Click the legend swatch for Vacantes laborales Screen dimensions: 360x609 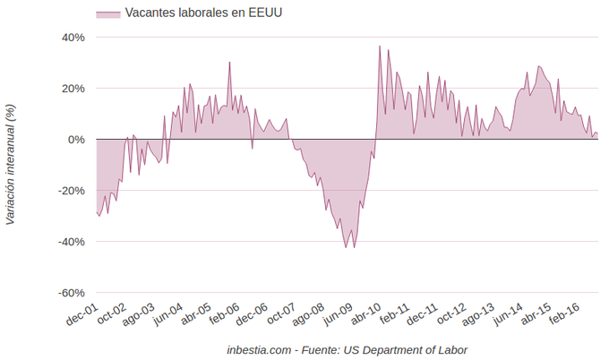click(x=107, y=13)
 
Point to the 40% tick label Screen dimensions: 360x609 click(x=73, y=38)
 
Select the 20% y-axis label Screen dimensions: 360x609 click(x=73, y=89)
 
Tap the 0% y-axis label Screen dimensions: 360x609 click(x=77, y=140)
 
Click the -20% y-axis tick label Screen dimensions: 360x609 click(x=72, y=191)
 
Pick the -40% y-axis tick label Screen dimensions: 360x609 click(x=72, y=242)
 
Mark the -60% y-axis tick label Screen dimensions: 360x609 click(x=72, y=293)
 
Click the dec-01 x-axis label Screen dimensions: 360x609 click(x=81, y=316)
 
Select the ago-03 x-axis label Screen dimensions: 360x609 click(x=138, y=316)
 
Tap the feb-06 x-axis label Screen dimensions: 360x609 click(x=223, y=316)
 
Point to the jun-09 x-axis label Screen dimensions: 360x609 click(x=337, y=316)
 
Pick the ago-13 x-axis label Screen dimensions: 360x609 click(x=476, y=316)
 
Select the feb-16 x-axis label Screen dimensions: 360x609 click(x=562, y=316)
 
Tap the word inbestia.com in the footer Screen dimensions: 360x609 click(x=258, y=349)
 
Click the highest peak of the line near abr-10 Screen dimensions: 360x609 click(x=380, y=46)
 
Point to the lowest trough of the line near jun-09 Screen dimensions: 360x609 click(x=346, y=247)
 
